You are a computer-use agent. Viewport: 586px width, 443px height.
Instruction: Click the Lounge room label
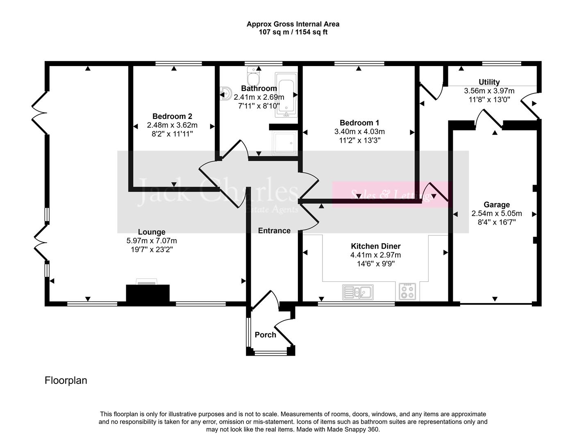(152, 232)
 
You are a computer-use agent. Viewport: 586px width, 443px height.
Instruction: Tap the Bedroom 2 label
(172, 116)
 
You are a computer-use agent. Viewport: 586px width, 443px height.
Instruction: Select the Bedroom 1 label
(359, 123)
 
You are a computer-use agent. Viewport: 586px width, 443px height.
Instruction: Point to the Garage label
(497, 205)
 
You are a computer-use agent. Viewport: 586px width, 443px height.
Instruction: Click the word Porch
(265, 335)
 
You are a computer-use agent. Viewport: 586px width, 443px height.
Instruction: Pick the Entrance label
(274, 231)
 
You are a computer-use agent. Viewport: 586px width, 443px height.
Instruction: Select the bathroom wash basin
(225, 94)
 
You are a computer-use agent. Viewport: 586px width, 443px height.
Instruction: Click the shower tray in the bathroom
(284, 143)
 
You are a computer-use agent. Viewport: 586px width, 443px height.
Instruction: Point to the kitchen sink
(357, 292)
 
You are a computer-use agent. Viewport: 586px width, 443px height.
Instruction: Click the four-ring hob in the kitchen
(407, 292)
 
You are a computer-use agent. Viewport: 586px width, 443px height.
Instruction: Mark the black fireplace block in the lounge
(148, 294)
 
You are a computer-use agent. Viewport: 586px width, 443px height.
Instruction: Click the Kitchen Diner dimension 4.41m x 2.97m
(375, 255)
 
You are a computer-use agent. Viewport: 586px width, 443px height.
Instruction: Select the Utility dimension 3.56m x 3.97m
(489, 91)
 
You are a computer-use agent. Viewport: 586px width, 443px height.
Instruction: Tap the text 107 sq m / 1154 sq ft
(293, 32)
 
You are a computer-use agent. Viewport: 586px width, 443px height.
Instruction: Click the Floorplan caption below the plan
(66, 380)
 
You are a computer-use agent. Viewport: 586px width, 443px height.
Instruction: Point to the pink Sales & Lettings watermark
(391, 194)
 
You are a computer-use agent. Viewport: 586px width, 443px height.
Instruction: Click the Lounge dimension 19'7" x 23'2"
(152, 249)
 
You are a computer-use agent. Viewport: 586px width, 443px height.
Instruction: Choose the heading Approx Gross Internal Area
(293, 24)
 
